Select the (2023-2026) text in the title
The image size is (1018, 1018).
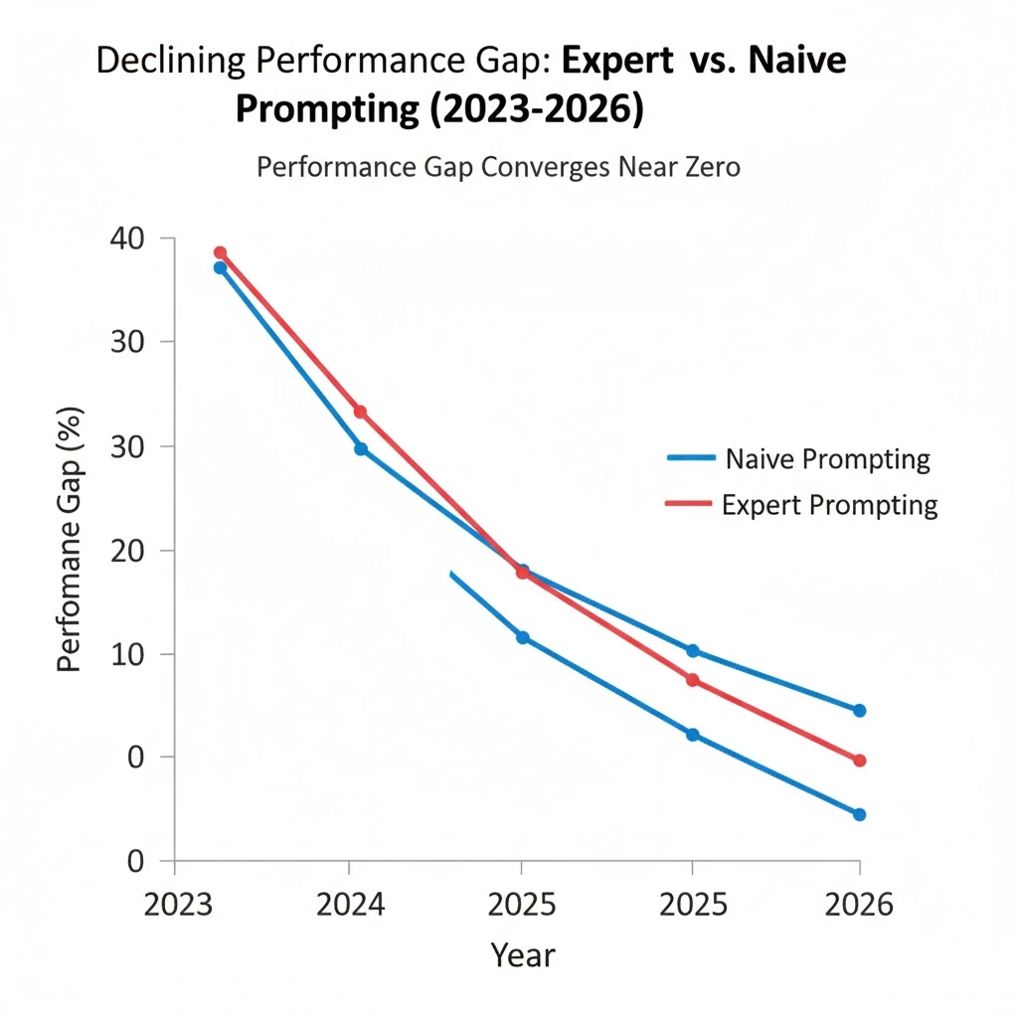tap(534, 107)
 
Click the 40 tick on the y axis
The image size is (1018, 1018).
tap(156, 239)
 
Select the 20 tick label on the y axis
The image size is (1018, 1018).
tap(156, 551)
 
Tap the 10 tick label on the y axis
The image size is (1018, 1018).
tap(156, 654)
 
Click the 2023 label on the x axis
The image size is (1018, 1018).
tap(175, 905)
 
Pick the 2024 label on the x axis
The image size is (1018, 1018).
tap(348, 905)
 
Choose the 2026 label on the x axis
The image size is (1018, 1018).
tap(859, 905)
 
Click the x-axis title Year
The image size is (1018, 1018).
tap(523, 956)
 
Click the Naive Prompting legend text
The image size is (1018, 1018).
tap(827, 459)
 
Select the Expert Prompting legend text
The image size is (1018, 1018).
tap(829, 505)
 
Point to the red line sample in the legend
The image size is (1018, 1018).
tap(688, 505)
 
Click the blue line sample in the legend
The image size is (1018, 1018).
tap(690, 458)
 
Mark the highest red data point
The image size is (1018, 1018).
tap(221, 253)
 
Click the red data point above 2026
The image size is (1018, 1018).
tap(859, 761)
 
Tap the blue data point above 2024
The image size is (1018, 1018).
tap(361, 448)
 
